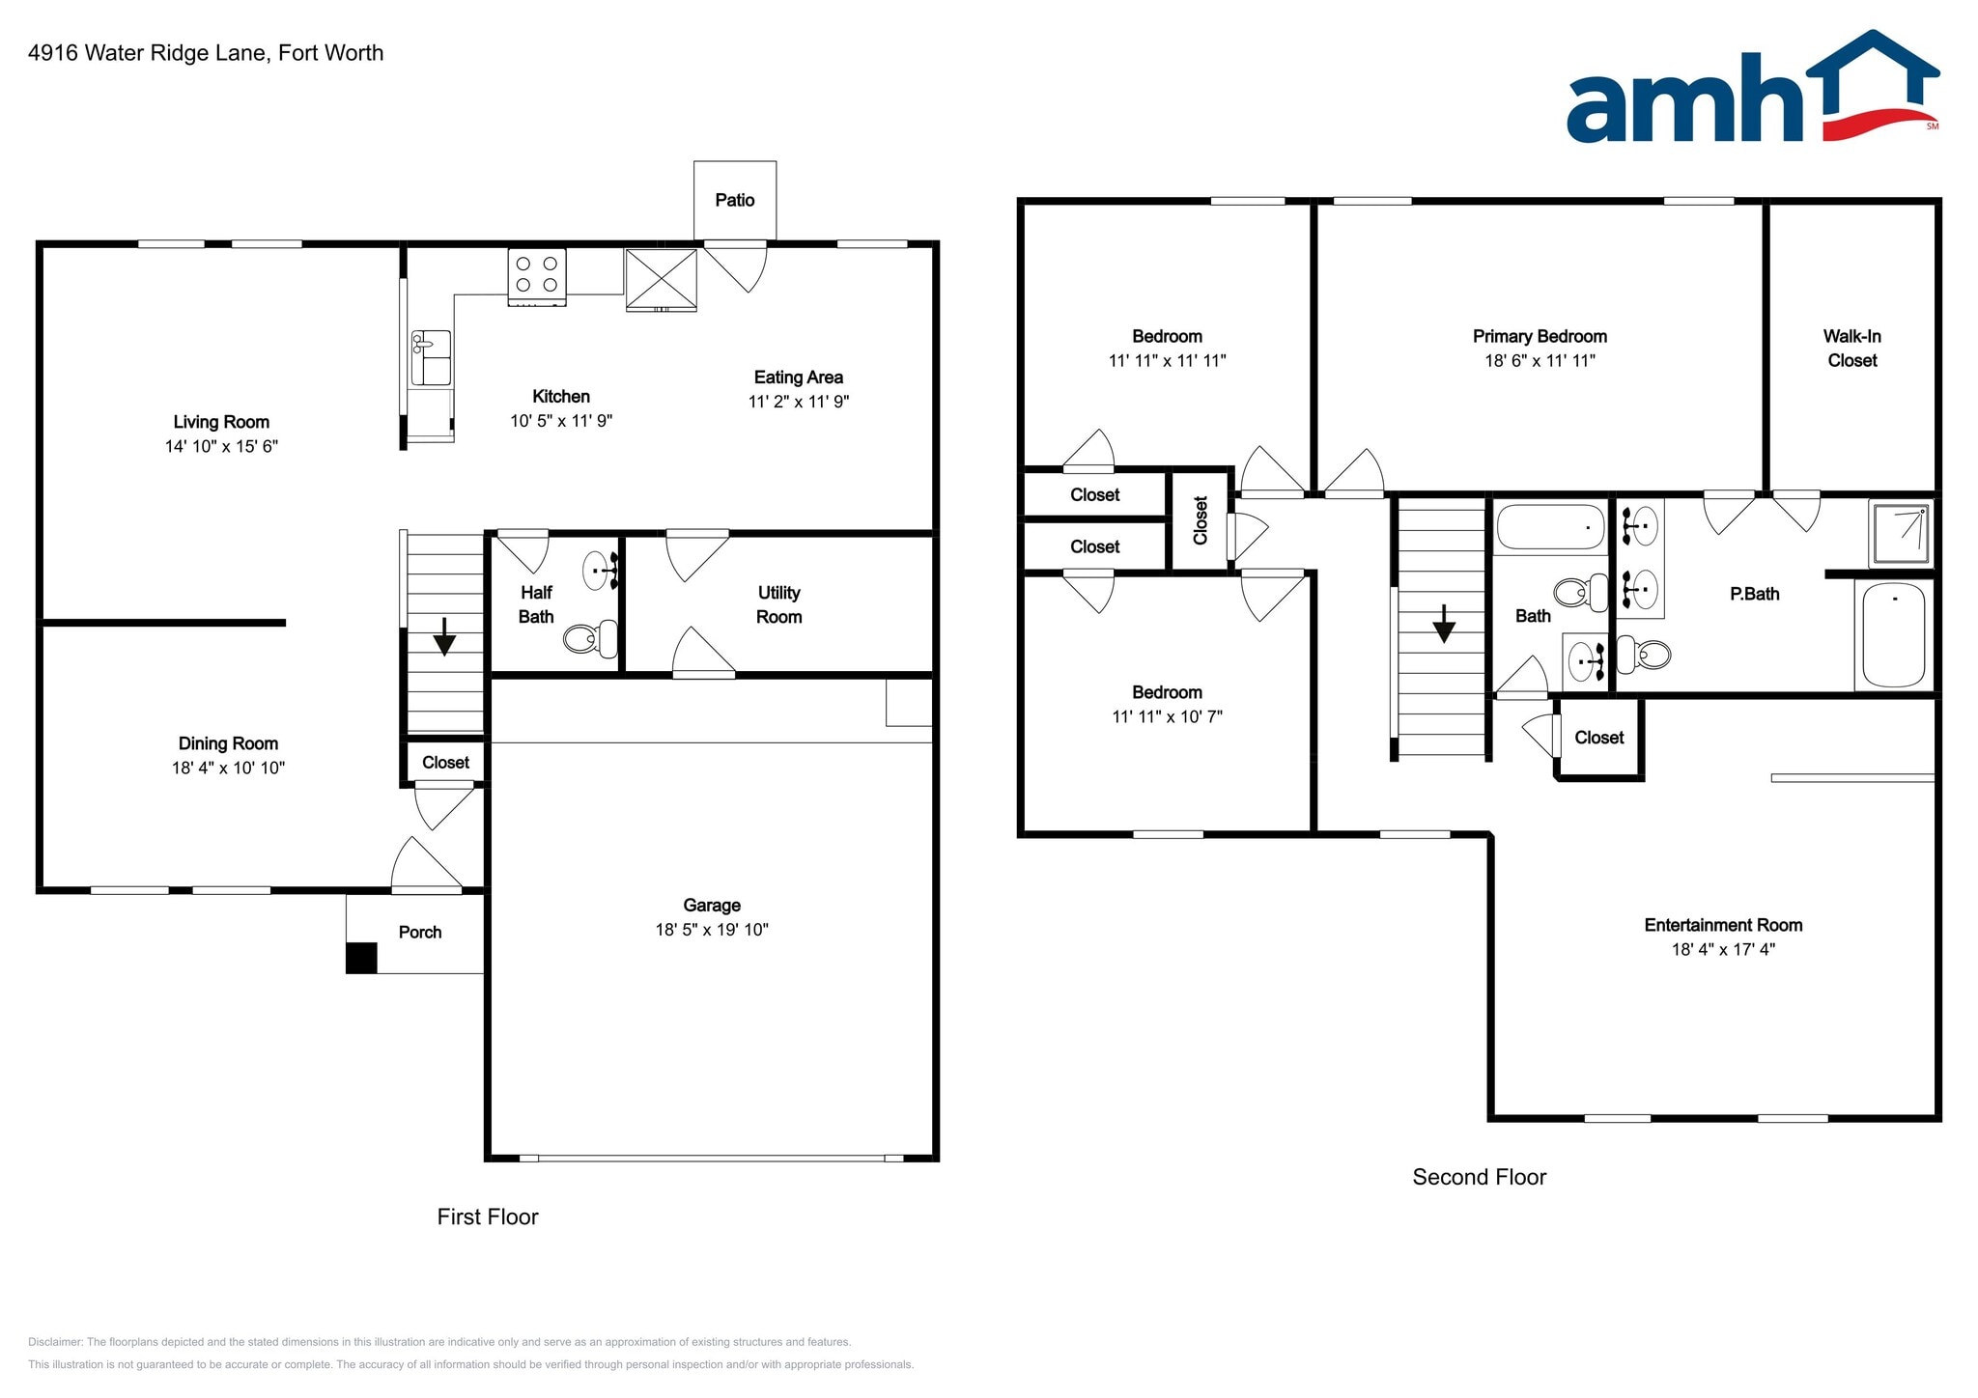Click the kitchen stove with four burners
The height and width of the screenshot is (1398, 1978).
pos(537,276)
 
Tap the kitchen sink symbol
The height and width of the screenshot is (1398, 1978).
pos(431,356)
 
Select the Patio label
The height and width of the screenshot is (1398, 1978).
pos(734,200)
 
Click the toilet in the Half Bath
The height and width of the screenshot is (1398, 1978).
pos(590,637)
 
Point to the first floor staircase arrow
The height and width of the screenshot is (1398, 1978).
pos(444,637)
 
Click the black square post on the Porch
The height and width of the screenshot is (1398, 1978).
pos(361,958)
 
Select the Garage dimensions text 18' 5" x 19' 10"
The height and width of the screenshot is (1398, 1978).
pos(712,929)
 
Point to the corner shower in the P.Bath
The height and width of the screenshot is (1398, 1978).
pos(1901,533)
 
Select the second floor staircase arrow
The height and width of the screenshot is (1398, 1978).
pos(1444,625)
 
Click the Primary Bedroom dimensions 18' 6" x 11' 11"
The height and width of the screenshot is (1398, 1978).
pos(1540,360)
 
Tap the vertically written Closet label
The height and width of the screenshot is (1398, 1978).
pos(1201,520)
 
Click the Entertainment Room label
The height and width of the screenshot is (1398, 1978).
pos(1723,924)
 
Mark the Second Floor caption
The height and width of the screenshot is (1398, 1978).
pos(1479,1176)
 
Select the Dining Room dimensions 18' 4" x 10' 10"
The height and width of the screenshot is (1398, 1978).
pos(228,768)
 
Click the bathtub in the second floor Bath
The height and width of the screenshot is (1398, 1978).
pos(1549,527)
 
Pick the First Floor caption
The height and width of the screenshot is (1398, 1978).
pos(487,1216)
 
